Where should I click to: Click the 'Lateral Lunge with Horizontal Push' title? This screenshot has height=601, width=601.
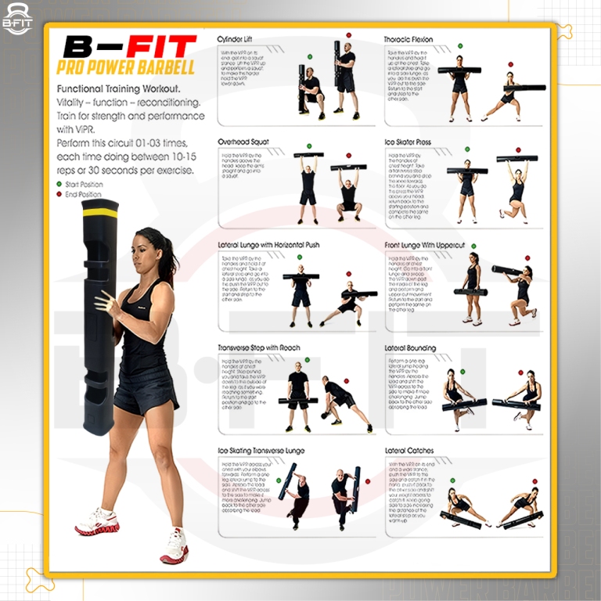point(268,245)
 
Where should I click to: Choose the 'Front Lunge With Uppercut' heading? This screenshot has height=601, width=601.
point(430,245)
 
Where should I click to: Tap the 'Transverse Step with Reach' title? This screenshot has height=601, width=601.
point(258,347)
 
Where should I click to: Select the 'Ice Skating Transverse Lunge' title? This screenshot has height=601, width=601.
point(261,451)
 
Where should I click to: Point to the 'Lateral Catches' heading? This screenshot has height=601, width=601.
point(408,451)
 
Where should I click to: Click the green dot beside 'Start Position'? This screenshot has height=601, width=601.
point(59,184)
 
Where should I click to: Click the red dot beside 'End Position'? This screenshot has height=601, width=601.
point(59,194)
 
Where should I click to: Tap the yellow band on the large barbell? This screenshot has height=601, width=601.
point(100,213)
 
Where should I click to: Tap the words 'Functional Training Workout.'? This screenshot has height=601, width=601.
point(119,89)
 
